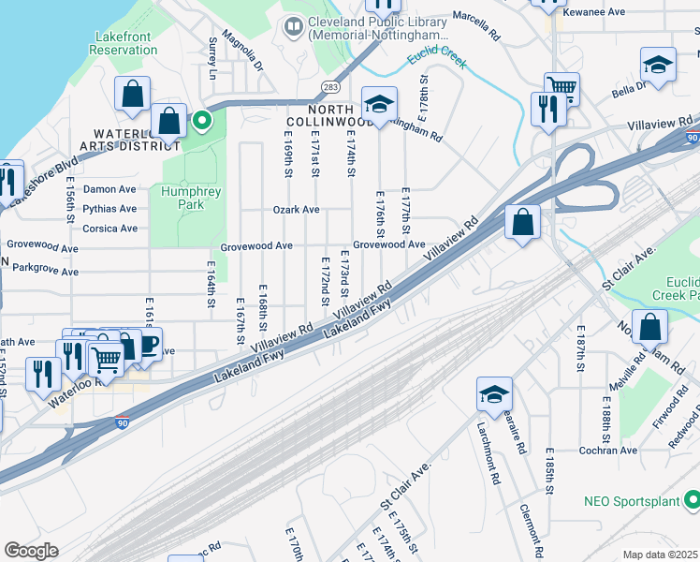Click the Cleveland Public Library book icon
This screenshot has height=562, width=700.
[294, 24]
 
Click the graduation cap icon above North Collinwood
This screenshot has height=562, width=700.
[379, 104]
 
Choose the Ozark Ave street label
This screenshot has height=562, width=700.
[296, 210]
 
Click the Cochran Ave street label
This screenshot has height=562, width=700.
[607, 451]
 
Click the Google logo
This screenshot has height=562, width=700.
[31, 550]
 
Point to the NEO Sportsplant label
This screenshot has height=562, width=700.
[631, 501]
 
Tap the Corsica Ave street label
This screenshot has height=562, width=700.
[109, 229]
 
